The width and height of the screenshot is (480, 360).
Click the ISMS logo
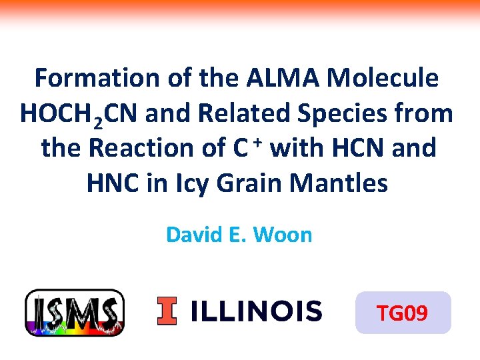74,312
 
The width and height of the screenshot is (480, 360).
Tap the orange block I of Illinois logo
167,311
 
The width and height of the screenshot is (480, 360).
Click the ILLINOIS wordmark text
256,311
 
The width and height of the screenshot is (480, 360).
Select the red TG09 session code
403,313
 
